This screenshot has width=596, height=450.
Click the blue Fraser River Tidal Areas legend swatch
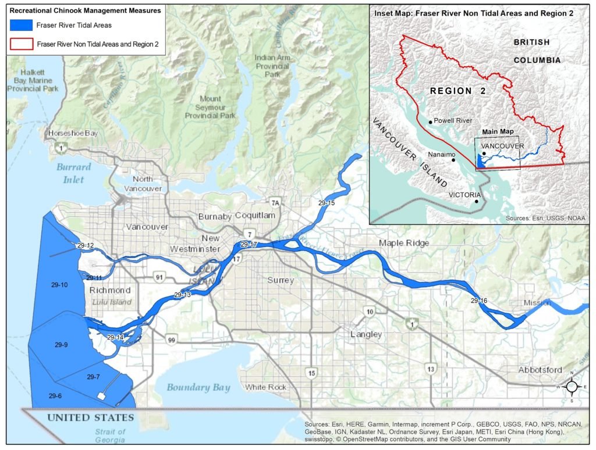[x=21, y=25]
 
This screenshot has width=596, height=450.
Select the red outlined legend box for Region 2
[x=21, y=44]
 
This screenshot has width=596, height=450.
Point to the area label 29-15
[x=327, y=203]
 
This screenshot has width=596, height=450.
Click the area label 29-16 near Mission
[x=479, y=301]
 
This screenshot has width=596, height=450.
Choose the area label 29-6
[x=55, y=396]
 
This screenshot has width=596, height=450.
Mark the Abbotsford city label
[x=540, y=370]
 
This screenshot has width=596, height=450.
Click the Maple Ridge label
[x=403, y=242]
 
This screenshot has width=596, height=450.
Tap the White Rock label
[x=265, y=387]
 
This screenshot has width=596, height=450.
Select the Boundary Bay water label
[x=198, y=387]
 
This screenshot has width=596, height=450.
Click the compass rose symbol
[x=572, y=387]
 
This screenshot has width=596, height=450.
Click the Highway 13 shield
[x=431, y=369]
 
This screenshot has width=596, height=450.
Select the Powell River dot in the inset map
[x=430, y=122]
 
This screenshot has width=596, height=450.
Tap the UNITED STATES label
[x=90, y=417]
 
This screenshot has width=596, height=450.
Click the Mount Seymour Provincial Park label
[x=210, y=108]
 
